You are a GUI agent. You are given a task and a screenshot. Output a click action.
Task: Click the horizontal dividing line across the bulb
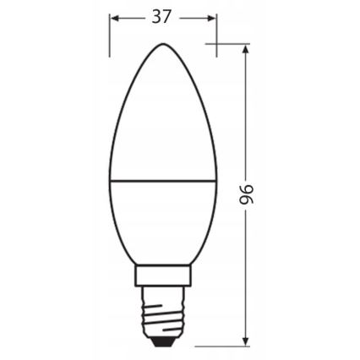tap(160, 180)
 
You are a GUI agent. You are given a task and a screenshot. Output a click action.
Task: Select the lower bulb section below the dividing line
tap(160, 224)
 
